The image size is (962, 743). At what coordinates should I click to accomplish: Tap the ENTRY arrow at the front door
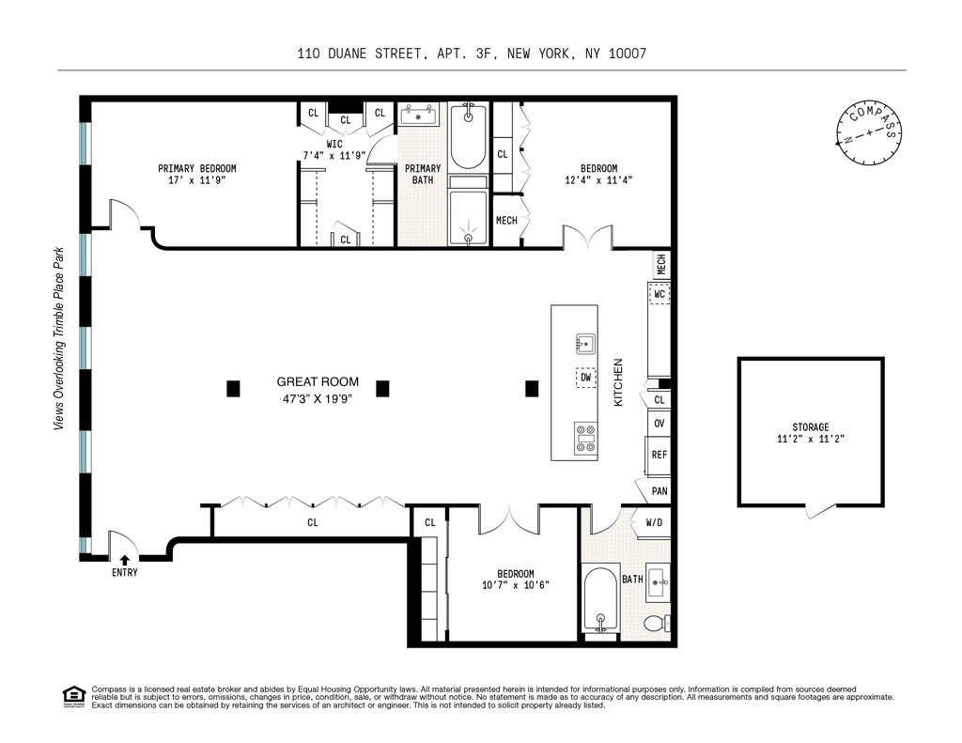tap(125, 560)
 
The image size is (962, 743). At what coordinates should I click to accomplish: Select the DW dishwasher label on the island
tap(586, 378)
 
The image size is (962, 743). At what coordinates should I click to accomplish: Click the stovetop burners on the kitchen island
tap(586, 439)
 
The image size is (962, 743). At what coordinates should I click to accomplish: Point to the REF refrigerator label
tap(659, 455)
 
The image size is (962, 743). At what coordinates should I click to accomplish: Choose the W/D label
tap(654, 523)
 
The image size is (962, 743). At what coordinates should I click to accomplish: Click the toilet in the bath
tap(657, 624)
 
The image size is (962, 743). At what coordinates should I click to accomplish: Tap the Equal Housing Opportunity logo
tap(73, 697)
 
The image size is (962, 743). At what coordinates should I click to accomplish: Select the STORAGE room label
tap(811, 427)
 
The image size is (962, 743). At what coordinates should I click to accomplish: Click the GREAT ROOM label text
tap(318, 381)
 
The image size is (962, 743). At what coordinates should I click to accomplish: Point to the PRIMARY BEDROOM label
tap(197, 168)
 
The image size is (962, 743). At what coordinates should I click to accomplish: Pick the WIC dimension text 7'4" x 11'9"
tap(334, 156)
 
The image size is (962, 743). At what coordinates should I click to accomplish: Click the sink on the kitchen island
tap(586, 344)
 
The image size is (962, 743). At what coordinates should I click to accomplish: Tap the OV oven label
tap(659, 424)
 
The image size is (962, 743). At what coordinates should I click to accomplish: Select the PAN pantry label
tap(659, 491)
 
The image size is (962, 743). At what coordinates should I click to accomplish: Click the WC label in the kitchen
tap(659, 294)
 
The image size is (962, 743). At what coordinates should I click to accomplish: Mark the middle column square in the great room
tap(382, 388)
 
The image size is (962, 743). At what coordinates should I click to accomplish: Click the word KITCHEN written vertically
tap(618, 382)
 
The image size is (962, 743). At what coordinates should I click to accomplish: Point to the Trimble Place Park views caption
tap(59, 338)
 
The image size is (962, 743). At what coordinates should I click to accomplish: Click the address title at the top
tap(472, 54)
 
